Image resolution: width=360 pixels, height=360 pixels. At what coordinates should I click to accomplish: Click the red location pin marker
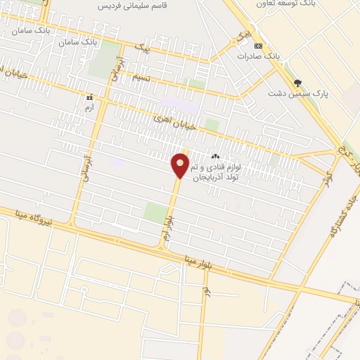[x=181, y=165]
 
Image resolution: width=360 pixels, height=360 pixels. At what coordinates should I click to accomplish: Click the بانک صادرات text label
[x=259, y=54]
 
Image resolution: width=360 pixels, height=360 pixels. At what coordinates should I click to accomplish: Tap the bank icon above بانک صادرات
[x=259, y=45]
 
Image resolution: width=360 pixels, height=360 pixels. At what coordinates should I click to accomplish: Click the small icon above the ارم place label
[x=89, y=97]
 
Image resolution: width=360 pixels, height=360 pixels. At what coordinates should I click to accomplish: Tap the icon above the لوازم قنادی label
[x=215, y=157]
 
